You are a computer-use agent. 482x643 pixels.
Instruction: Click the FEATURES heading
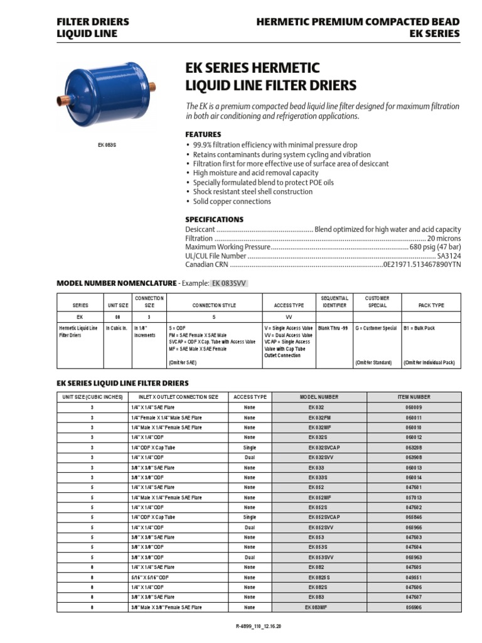(203, 134)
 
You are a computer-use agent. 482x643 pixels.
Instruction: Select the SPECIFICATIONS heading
(214, 220)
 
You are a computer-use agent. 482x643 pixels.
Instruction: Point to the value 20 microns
(444, 239)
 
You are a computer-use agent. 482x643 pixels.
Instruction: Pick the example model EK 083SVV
(229, 283)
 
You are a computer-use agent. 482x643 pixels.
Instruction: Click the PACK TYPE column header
(431, 305)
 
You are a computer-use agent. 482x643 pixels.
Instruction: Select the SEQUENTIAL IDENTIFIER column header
(334, 301)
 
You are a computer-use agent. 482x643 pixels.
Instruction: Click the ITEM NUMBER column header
(414, 397)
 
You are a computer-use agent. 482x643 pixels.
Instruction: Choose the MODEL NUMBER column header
(319, 397)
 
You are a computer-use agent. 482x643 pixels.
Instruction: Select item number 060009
(414, 407)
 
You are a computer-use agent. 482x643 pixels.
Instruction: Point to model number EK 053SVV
(321, 557)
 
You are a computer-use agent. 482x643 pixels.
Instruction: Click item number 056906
(414, 607)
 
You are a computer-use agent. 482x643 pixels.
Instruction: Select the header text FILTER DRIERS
(93, 21)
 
